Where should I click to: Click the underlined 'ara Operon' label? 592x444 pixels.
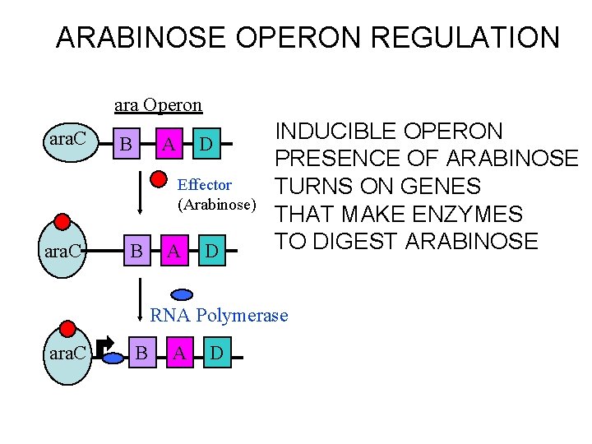point(158,105)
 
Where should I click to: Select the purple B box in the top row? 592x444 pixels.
point(127,145)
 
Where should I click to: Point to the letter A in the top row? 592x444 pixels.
point(168,145)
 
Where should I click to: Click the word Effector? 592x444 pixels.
point(205,185)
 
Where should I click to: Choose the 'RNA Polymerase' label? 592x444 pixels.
point(219,315)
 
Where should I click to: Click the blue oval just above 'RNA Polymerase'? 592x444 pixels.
point(182,294)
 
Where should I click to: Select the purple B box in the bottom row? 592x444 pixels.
point(141,354)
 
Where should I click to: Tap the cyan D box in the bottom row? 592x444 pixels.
point(216,354)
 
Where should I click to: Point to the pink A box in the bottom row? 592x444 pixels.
point(179,354)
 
